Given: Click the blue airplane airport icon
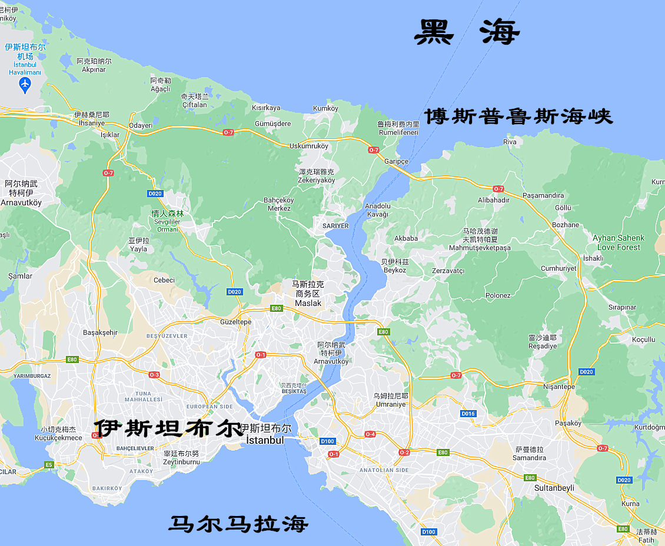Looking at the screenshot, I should pos(25,85).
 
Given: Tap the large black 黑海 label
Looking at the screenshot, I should pos(467,32).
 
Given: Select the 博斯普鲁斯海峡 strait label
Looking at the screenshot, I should pos(518,116).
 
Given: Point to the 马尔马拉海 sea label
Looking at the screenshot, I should pos(238,523).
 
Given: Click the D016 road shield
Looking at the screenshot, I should pos(468,414).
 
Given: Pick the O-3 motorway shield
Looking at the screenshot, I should pos(154,375).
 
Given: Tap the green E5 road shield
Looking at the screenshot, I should pos(49,465).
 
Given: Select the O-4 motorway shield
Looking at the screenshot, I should pos(370,434).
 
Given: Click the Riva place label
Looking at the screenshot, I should pos(510,142).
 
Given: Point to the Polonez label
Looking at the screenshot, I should pos(498,295).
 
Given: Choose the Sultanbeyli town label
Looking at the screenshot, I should pos(554,488).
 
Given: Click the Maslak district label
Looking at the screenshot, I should pos(308,303).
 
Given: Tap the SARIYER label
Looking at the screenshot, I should pos(336,226).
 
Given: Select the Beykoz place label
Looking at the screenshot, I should pos(394,270).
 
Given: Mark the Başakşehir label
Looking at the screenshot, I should pos(100,332).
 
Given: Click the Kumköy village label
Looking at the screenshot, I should pos(326,108).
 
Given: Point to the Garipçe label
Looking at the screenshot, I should pos(396,161).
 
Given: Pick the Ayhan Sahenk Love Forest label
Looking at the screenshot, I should pos(618,242).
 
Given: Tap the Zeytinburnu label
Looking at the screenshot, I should pos(182,462).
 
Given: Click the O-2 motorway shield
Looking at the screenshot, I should pos(404,452).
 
